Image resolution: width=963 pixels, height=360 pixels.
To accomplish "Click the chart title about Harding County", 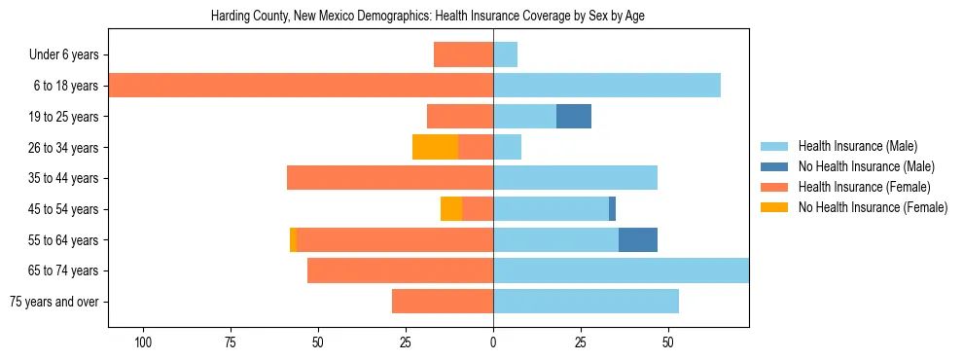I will pyautogui.click(x=428, y=17).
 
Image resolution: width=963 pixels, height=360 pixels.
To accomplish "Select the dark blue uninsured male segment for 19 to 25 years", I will pyautogui.click(x=574, y=117).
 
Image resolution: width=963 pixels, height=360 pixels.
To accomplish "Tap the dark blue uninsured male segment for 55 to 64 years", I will pyautogui.click(x=638, y=239).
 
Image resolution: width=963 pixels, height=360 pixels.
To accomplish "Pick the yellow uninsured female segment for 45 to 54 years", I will pyautogui.click(x=451, y=208).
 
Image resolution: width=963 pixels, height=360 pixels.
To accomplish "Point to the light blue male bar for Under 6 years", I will pyautogui.click(x=505, y=54).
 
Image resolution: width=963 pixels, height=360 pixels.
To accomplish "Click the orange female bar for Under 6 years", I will pyautogui.click(x=463, y=54).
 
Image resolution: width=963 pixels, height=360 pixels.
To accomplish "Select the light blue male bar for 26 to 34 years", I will pyautogui.click(x=507, y=147).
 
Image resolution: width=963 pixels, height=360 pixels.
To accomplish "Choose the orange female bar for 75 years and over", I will pyautogui.click(x=443, y=301).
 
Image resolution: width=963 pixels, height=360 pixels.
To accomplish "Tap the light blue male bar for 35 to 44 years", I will pyautogui.click(x=575, y=178).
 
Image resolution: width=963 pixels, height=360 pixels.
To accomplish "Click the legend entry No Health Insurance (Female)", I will pyautogui.click(x=873, y=207).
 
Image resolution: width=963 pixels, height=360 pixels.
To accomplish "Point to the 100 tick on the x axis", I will pyautogui.click(x=143, y=342).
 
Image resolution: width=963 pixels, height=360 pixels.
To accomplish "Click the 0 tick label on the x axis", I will pyautogui.click(x=493, y=342).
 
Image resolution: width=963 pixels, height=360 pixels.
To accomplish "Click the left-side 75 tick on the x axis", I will pyautogui.click(x=231, y=342).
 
